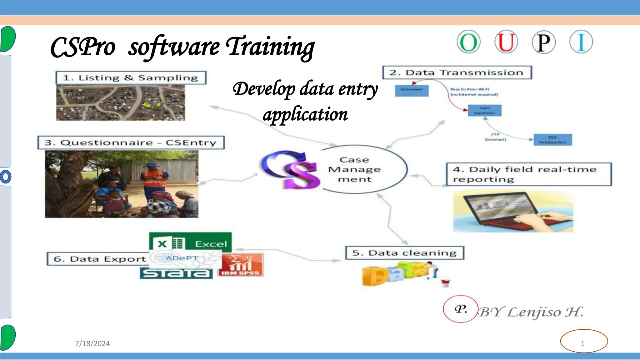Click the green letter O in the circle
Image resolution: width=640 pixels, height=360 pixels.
click(x=468, y=42)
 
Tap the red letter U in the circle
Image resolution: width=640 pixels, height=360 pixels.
click(x=506, y=42)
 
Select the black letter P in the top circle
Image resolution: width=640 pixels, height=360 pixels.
click(x=543, y=42)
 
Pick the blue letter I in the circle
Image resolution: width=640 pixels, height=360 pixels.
click(x=581, y=42)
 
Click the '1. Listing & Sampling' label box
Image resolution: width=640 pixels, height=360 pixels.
click(x=131, y=78)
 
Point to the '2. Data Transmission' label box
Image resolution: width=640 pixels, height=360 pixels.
click(x=457, y=72)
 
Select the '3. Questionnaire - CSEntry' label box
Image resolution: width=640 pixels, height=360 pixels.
click(x=131, y=143)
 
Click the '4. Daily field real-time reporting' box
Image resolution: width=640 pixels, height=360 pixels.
click(x=528, y=174)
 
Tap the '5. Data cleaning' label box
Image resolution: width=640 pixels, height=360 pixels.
click(x=405, y=253)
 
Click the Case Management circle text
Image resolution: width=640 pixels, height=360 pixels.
click(x=355, y=169)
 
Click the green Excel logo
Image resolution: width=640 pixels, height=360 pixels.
click(x=190, y=242)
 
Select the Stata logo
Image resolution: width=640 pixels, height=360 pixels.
click(x=176, y=274)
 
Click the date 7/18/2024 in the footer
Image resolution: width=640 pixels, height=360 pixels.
click(x=92, y=343)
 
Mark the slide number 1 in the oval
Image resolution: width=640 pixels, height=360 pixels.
click(x=583, y=343)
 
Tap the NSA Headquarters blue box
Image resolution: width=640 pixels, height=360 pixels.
click(x=552, y=140)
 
